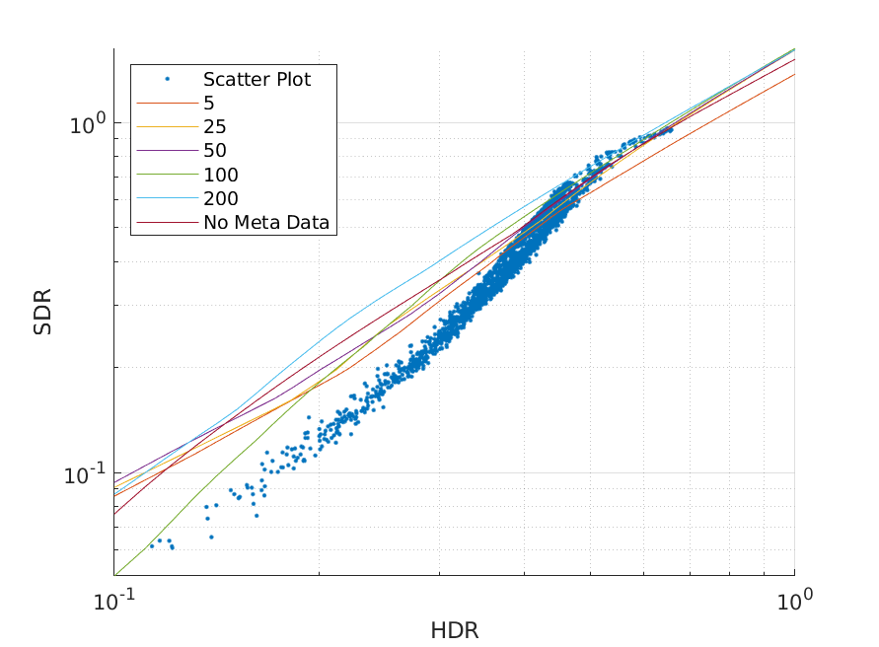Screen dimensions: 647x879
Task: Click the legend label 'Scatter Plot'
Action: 256,80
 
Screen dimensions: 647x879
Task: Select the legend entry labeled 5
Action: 209,104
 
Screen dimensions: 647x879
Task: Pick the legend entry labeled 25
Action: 215,127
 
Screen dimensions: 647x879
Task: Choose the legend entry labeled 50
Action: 215,151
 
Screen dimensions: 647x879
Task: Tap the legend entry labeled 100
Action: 221,176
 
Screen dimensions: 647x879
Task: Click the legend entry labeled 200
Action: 221,199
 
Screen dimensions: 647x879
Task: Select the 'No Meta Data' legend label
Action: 266,223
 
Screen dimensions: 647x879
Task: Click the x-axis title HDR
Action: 454,630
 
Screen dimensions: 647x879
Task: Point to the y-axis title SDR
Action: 43,312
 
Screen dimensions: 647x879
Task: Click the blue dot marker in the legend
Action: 167,79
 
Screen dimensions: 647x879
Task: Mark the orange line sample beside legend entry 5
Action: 167,104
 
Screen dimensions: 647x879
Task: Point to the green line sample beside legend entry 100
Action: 167,176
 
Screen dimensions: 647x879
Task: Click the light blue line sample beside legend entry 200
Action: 167,199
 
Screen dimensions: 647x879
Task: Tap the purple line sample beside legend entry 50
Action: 167,151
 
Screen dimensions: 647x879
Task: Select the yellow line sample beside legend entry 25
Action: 167,127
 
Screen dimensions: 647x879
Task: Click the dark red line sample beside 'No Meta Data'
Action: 167,223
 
